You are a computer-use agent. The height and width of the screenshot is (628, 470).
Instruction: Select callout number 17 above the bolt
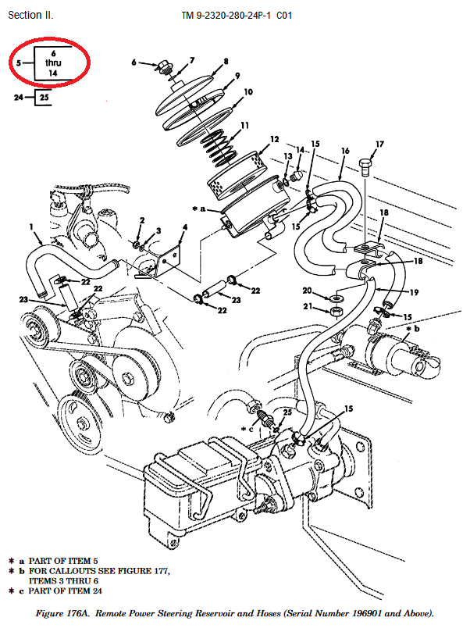coord(379,145)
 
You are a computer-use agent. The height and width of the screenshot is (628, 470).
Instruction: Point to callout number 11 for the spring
coord(245,125)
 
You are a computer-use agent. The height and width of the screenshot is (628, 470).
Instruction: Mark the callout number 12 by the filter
coord(274,140)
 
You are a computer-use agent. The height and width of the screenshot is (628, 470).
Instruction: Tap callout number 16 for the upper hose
coord(344,149)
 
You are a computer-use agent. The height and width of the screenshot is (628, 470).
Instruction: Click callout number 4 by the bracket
coord(184,228)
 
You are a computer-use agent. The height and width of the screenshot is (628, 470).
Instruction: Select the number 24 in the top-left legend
coord(18,97)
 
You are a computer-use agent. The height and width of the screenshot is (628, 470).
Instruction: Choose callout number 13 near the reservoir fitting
coord(287,156)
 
